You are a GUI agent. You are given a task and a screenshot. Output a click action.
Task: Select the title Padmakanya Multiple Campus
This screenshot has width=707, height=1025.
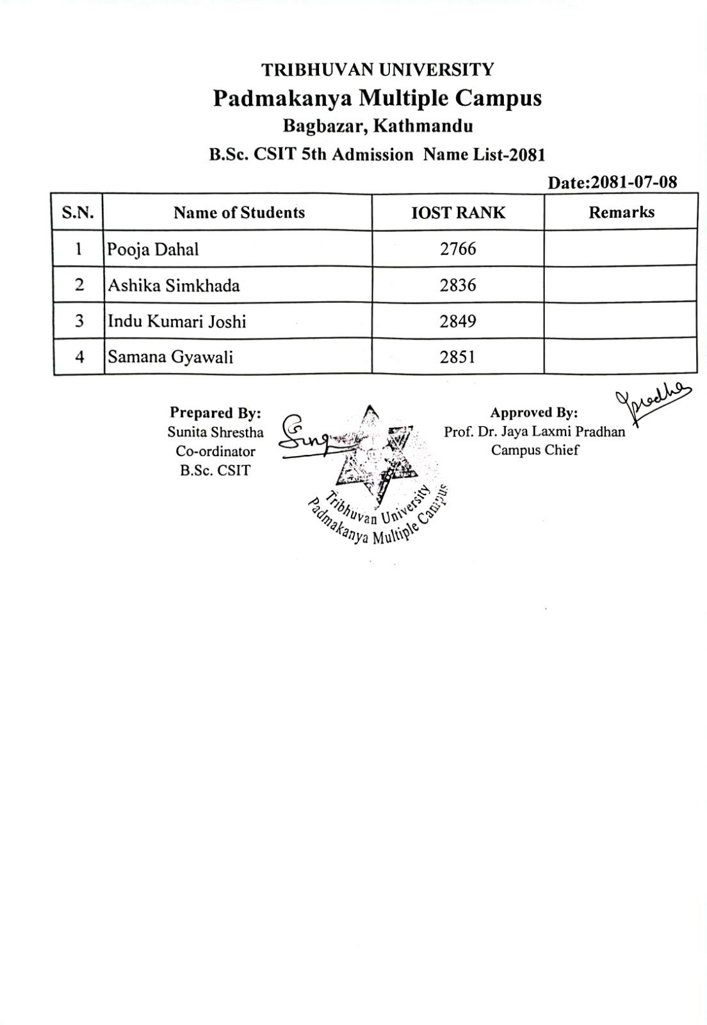(x=377, y=98)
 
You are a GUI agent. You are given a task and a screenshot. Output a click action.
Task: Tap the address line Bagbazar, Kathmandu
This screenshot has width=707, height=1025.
(x=377, y=126)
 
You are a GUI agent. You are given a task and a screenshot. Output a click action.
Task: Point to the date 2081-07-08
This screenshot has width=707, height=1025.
(x=633, y=183)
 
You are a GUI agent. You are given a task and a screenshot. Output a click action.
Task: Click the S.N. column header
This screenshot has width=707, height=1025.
(x=78, y=213)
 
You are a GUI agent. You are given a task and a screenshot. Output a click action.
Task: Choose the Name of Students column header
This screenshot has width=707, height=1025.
(x=239, y=213)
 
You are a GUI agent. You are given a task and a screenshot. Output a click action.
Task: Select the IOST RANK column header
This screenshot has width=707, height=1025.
(x=458, y=213)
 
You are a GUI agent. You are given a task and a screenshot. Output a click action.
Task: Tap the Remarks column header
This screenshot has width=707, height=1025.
(x=621, y=212)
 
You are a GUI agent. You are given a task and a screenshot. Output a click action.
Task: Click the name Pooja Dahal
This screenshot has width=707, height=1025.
(x=153, y=249)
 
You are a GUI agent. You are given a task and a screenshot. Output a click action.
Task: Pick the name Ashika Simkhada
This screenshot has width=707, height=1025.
(x=174, y=285)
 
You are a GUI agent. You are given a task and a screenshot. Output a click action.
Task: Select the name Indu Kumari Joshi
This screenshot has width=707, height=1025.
(x=177, y=321)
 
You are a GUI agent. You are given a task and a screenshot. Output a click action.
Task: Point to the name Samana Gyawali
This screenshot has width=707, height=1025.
(x=170, y=357)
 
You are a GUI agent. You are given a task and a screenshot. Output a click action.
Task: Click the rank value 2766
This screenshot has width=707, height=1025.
(x=458, y=249)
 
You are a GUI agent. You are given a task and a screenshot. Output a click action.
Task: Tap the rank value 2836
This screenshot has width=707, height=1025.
(x=458, y=285)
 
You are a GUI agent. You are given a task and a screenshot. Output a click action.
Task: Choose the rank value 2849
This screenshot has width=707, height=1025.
(x=458, y=321)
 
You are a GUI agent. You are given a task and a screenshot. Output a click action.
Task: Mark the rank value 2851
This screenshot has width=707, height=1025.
(x=458, y=357)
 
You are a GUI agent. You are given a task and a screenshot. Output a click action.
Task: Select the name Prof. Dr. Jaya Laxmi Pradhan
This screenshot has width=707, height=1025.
(x=535, y=432)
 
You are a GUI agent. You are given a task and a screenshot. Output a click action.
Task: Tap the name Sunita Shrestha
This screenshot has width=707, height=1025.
(x=215, y=432)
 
